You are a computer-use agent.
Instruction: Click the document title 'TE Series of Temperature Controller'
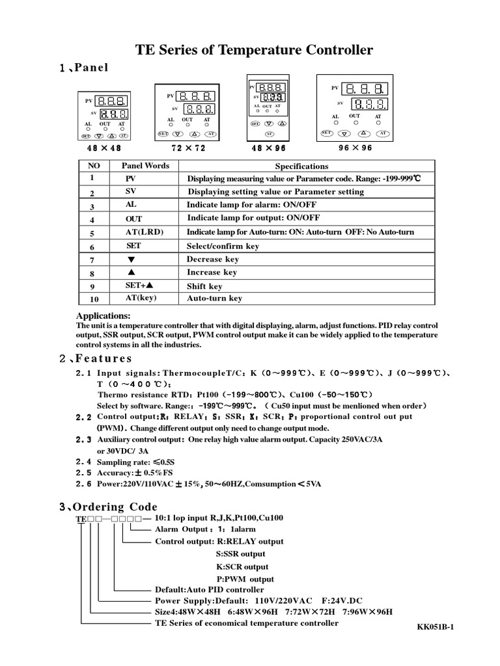point(254,50)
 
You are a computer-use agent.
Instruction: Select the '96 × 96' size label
point(355,148)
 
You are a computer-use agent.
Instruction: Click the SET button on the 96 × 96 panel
point(327,133)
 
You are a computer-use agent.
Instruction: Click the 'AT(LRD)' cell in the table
point(145,232)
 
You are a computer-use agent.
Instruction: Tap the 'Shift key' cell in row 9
point(204,286)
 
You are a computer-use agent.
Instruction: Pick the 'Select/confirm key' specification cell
point(223,246)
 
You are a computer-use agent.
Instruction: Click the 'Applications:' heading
point(104,315)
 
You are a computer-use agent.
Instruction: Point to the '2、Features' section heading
point(96,358)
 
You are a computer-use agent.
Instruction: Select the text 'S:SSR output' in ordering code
point(240,553)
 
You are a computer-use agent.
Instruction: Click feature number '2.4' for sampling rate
point(84,461)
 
